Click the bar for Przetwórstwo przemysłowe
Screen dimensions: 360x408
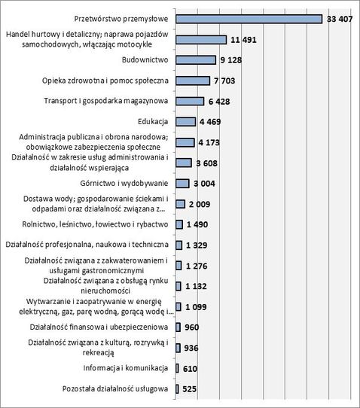[x=249, y=19]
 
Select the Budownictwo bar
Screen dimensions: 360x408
[x=196, y=60]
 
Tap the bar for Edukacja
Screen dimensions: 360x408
[x=185, y=121]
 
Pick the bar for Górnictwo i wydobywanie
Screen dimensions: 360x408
[x=182, y=184]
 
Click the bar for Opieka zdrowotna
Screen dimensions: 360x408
[x=193, y=81]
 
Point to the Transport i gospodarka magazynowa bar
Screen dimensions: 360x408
[x=190, y=101]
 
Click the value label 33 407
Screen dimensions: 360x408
[x=340, y=19]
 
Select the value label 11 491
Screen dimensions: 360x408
[x=243, y=40]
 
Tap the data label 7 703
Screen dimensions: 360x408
[x=224, y=81]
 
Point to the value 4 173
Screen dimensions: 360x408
[x=209, y=142]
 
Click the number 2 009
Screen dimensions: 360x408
[x=200, y=204]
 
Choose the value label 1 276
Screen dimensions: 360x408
[x=197, y=266]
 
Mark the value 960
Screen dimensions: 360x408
[x=192, y=327]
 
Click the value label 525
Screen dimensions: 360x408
[x=190, y=389]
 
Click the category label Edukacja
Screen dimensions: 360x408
[x=153, y=121]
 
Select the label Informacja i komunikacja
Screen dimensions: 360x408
[x=126, y=368]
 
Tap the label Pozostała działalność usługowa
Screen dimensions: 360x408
[x=115, y=388]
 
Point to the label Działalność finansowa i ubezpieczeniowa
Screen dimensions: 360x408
[x=99, y=327]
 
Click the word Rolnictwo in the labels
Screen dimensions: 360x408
[x=35, y=224]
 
